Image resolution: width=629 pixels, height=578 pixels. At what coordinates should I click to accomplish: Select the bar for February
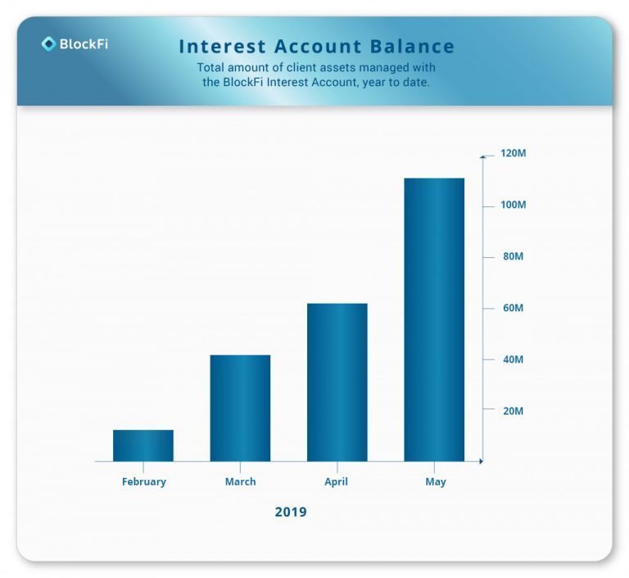[x=143, y=445]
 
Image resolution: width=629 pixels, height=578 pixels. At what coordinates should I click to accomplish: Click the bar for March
[x=240, y=409]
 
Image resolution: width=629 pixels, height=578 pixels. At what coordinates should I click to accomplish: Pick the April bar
[x=337, y=382]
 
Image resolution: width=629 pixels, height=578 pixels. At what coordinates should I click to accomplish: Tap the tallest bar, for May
[x=434, y=319]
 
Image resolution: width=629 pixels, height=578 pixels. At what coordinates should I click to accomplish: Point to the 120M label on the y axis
[x=513, y=153]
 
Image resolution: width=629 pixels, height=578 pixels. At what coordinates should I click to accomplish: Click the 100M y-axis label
[x=513, y=205]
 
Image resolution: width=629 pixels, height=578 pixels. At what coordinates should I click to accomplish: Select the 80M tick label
[x=513, y=256]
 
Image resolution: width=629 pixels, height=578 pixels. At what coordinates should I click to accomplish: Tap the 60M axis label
[x=513, y=308]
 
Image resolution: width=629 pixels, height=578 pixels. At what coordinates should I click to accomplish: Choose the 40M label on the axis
[x=513, y=359]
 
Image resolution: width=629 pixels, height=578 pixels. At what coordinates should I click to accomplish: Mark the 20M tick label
[x=513, y=411]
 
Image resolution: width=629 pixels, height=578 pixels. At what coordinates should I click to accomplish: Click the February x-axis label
[x=144, y=481]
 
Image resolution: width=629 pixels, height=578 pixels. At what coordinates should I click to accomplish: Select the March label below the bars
[x=240, y=481]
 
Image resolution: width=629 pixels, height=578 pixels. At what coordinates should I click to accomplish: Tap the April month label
[x=336, y=482]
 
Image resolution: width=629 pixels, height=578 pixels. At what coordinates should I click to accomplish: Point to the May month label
[x=436, y=482]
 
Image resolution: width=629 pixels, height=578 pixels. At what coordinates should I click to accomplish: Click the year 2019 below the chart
[x=291, y=513]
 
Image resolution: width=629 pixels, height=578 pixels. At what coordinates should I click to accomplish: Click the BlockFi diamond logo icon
[x=48, y=43]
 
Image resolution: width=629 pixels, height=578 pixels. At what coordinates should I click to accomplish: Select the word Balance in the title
[x=412, y=47]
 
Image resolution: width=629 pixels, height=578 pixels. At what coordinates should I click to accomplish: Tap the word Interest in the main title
[x=222, y=47]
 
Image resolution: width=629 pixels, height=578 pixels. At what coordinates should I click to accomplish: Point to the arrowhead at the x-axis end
[x=481, y=461]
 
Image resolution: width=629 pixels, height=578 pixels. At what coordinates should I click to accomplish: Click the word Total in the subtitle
[x=210, y=67]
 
